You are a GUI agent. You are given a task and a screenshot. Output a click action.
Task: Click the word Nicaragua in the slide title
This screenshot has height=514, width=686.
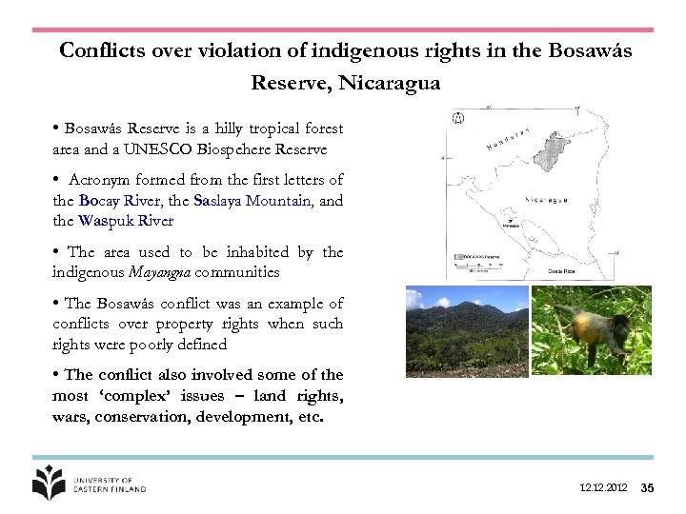coord(393,83)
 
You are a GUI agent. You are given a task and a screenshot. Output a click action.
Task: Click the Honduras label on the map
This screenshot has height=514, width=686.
coord(508,139)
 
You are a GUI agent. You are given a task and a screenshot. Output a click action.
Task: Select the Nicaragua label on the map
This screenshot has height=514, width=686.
coord(546,201)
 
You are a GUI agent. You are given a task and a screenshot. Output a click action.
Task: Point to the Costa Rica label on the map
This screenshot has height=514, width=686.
coord(562,270)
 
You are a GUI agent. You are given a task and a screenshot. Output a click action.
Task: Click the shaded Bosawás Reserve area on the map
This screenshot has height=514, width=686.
coord(552,148)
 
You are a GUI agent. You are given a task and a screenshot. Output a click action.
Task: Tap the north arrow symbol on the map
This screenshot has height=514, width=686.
coord(457,120)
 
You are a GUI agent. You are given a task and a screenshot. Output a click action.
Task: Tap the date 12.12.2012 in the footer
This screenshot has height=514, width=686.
coord(603,488)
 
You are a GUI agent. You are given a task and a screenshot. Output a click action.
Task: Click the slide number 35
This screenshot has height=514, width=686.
coord(647,488)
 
